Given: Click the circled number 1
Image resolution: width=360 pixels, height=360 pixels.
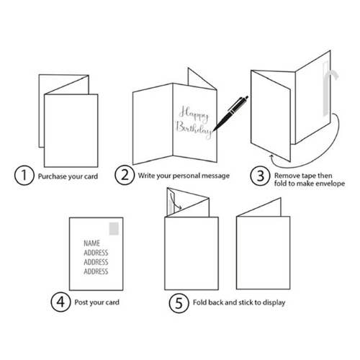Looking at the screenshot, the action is click(x=24, y=176).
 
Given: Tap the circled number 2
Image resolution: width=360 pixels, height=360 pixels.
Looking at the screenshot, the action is click(x=125, y=175).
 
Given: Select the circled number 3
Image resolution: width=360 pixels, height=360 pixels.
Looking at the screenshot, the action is click(x=260, y=176).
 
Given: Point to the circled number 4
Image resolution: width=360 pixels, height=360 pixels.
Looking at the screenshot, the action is click(x=60, y=302).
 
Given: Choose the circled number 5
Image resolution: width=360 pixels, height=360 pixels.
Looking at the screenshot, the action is click(x=179, y=303).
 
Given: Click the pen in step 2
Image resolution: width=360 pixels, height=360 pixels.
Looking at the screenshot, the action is click(x=230, y=114).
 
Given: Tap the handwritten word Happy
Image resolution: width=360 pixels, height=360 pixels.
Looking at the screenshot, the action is click(x=194, y=113).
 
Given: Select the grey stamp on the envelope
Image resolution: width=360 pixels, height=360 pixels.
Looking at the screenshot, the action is click(x=114, y=228).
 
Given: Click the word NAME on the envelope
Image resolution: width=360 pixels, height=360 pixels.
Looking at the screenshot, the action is click(x=91, y=243).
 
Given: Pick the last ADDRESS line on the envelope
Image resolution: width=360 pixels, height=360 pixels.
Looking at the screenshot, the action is click(x=96, y=271).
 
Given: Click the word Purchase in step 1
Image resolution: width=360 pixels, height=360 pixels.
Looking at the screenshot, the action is click(x=52, y=176).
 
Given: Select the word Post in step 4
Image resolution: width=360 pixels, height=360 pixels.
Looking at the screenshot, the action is click(x=81, y=302).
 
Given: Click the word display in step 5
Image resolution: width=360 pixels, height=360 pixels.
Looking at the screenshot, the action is click(x=274, y=302).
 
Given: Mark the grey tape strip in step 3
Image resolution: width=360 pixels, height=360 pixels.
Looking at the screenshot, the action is click(x=326, y=89).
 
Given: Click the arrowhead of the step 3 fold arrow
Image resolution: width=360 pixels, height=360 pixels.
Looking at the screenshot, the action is click(x=271, y=156).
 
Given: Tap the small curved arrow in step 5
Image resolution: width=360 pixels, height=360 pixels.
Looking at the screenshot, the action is click(x=175, y=202).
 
